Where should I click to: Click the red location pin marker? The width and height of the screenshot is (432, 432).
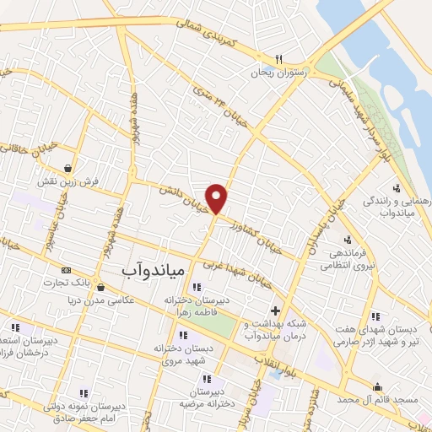coord(217,198)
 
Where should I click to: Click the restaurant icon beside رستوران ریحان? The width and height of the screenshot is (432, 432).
coord(277,60)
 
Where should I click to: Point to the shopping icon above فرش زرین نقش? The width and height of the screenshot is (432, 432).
coord(66,167)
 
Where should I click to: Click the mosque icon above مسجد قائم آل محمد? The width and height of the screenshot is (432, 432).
coord(377,386)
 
